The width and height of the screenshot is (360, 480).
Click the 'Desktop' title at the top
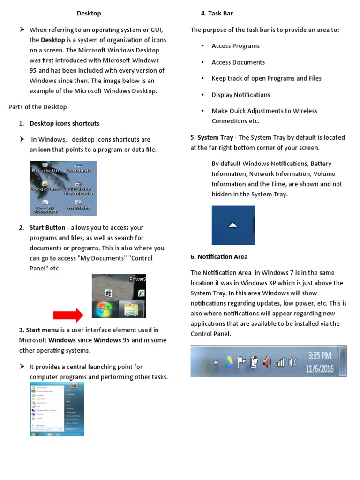(89, 14)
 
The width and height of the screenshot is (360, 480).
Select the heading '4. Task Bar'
(217, 14)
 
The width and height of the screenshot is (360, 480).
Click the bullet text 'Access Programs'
(235, 46)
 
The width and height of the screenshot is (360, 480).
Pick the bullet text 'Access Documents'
(238, 62)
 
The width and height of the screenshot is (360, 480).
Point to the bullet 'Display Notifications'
(241, 95)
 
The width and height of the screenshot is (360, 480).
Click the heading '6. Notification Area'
(219, 256)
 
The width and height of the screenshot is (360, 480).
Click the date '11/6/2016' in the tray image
(320, 368)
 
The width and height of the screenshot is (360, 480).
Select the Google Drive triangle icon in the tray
(229, 362)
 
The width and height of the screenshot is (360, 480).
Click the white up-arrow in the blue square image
(233, 225)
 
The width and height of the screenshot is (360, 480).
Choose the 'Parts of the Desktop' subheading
(37, 107)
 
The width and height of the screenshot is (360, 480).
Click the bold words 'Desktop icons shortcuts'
(64, 123)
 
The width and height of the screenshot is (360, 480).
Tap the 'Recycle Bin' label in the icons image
(45, 171)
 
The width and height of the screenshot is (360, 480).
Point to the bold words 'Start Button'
(47, 228)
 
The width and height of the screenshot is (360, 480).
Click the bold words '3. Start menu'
(39, 330)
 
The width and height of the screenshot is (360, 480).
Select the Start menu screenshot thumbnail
(57, 409)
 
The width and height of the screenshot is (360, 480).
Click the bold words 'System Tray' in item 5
(215, 137)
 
